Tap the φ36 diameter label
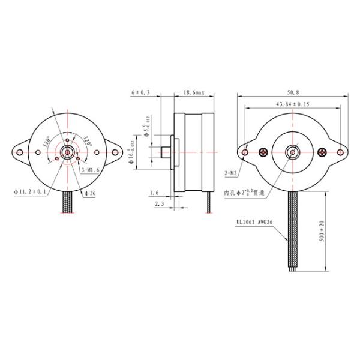point(90,193)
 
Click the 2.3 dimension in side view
point(160,205)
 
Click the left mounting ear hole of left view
point(20,152)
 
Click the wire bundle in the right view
point(293,228)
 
